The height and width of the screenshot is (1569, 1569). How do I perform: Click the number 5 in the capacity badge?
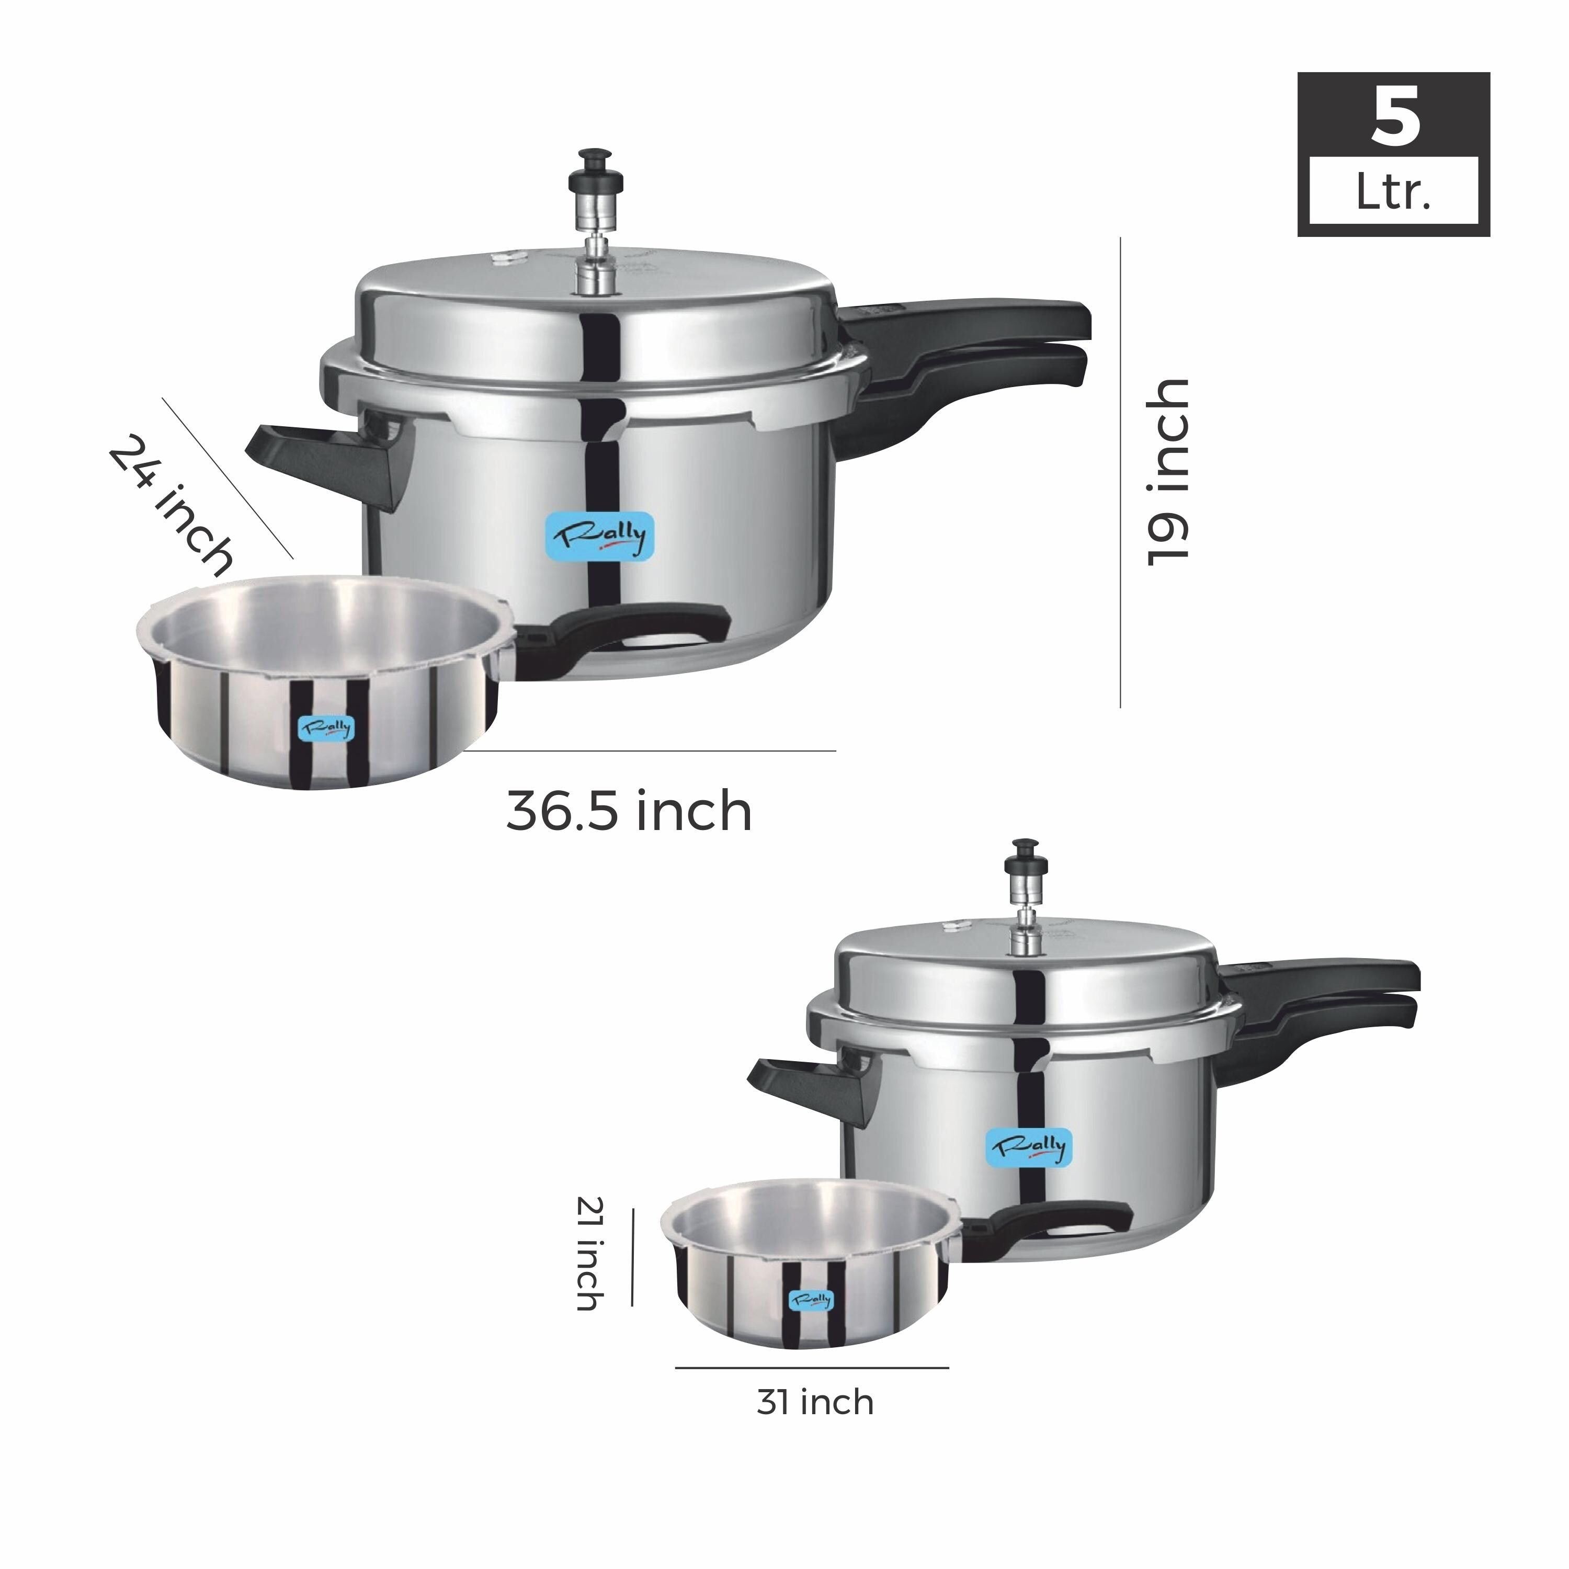point(1395,119)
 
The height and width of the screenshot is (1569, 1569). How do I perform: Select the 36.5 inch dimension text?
point(629,811)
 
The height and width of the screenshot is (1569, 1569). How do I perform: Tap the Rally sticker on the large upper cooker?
point(598,535)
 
